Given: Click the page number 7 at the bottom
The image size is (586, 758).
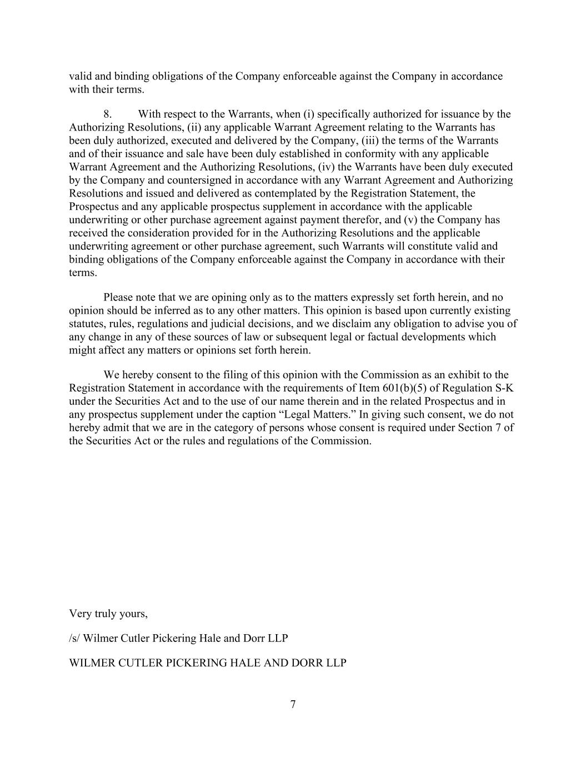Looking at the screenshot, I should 293,705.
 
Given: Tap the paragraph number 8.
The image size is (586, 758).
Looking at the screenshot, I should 107,114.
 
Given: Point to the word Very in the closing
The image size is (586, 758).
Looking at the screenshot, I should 79,614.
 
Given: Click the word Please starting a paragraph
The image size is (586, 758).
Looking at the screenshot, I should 119,298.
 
